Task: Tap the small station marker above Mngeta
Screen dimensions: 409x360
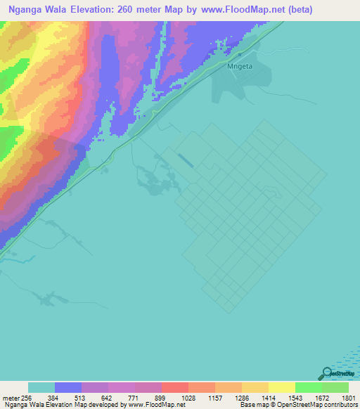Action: [239, 53]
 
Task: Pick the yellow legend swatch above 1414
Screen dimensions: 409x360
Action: [281, 387]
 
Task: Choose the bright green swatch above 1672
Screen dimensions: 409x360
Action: [308, 387]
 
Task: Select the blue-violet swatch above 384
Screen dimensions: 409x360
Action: [68, 387]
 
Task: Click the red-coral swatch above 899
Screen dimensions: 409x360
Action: [174, 387]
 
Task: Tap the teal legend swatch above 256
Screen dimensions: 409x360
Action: [41, 387]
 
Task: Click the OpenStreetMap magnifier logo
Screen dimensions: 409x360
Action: [326, 373]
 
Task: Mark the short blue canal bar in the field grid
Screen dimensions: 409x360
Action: [186, 161]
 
